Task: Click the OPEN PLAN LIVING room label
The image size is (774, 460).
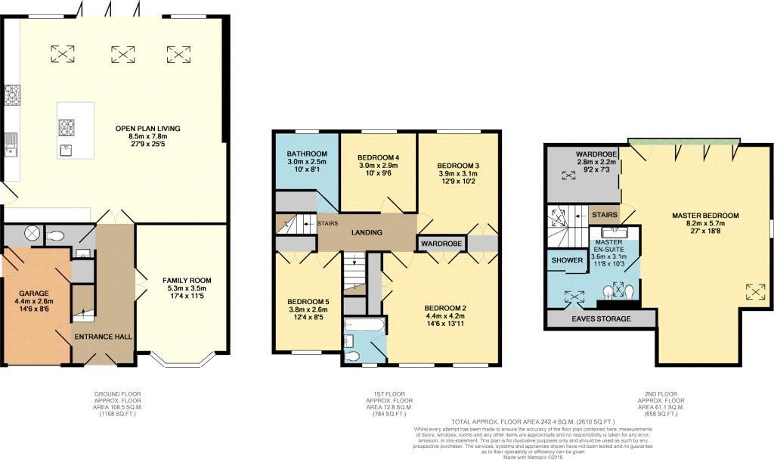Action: [147, 128]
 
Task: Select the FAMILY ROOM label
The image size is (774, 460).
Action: [187, 280]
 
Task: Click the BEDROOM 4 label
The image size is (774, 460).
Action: [377, 157]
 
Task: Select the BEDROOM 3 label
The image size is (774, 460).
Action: [458, 165]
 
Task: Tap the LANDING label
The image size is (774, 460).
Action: [367, 232]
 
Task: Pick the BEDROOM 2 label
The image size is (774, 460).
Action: [444, 307]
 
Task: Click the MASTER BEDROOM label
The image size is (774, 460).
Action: [704, 216]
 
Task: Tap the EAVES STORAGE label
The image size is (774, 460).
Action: [600, 319]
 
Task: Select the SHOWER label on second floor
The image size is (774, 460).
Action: [568, 260]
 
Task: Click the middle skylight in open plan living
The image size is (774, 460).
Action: [123, 54]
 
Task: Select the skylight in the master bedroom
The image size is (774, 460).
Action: [754, 291]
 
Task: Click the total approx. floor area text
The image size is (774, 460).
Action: [533, 421]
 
